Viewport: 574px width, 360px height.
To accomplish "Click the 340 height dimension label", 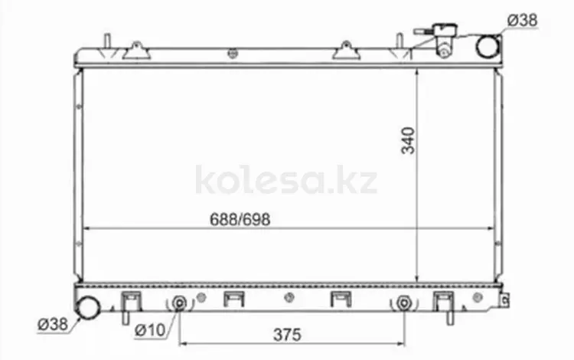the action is [x=408, y=140].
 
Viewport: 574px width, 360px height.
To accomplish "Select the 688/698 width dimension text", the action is [x=240, y=219].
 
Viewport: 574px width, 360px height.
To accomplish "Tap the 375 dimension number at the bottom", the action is [x=287, y=335].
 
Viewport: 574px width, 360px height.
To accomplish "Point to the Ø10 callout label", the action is [x=150, y=330].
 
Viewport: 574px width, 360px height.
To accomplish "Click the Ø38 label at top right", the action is [x=523, y=20].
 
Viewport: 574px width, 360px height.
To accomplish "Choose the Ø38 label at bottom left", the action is [x=53, y=324].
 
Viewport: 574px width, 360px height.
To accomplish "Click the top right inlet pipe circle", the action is [x=488, y=46].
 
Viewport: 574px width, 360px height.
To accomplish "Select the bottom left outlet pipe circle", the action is [x=87, y=307].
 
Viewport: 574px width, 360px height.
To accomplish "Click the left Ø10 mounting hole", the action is [x=179, y=303].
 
